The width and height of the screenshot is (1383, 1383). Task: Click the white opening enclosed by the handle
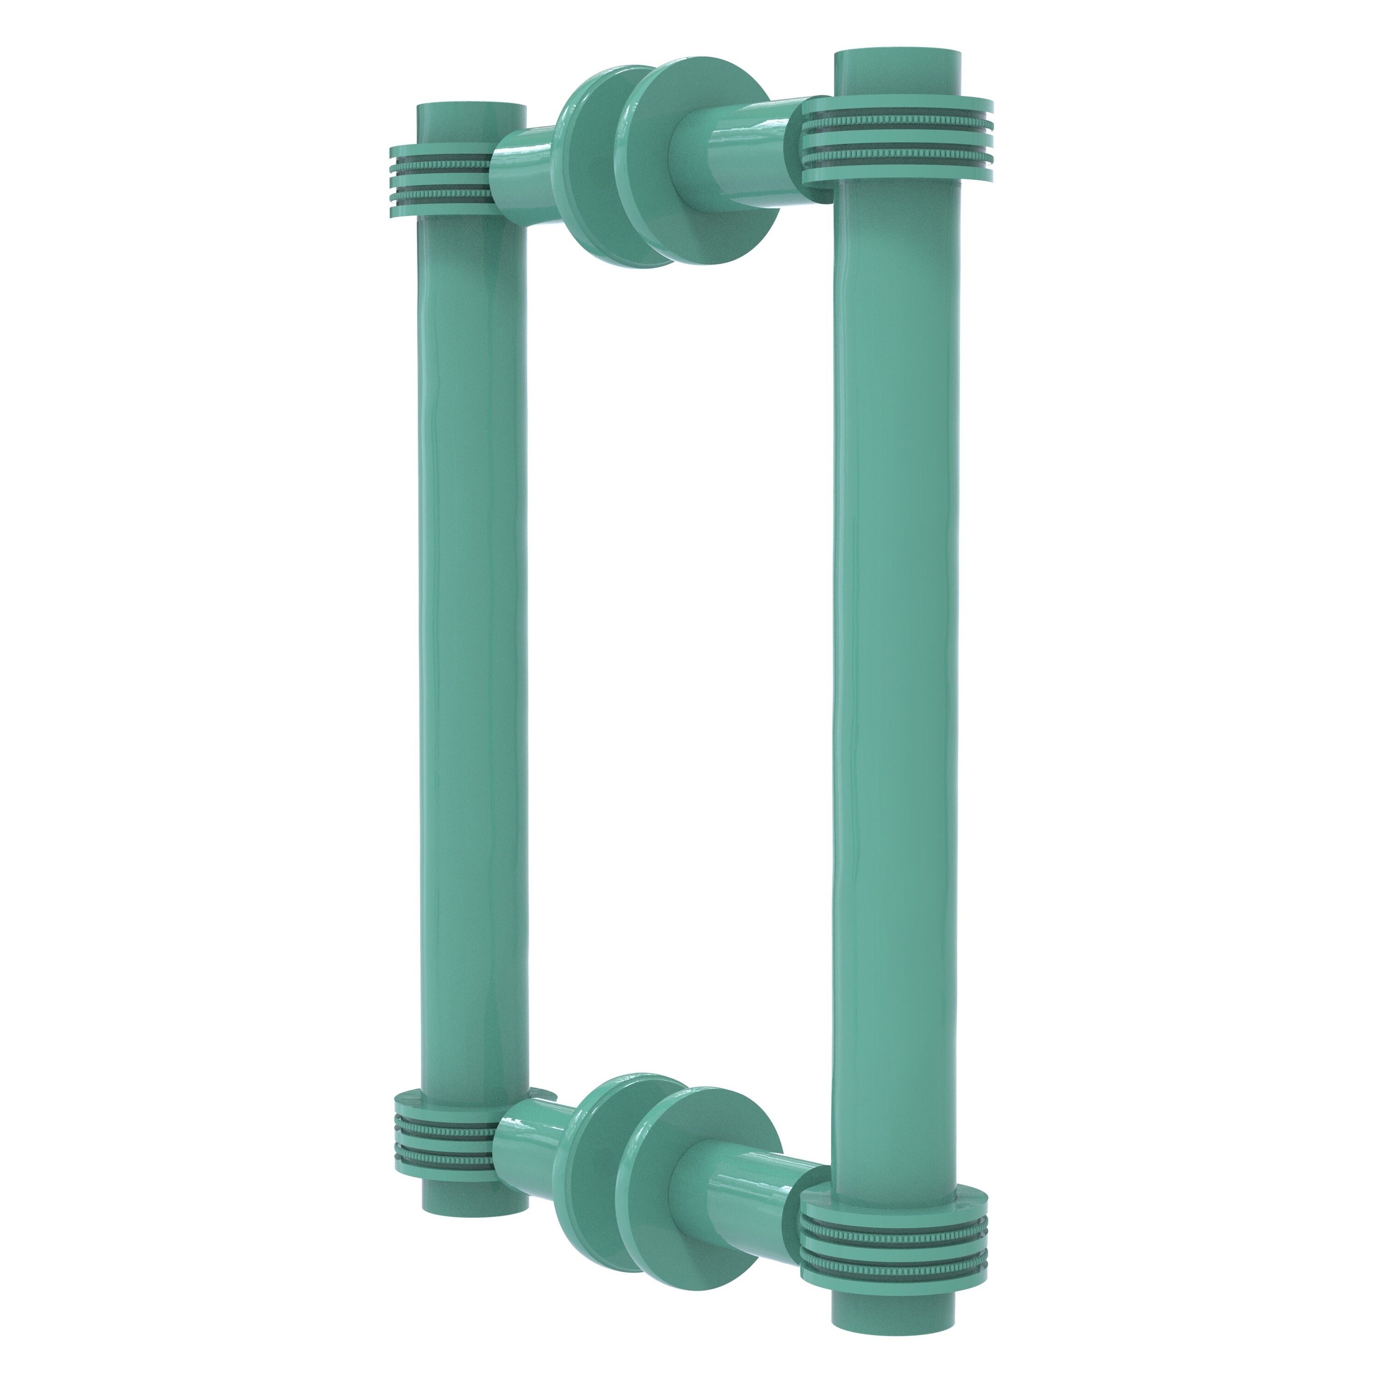tap(680, 680)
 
